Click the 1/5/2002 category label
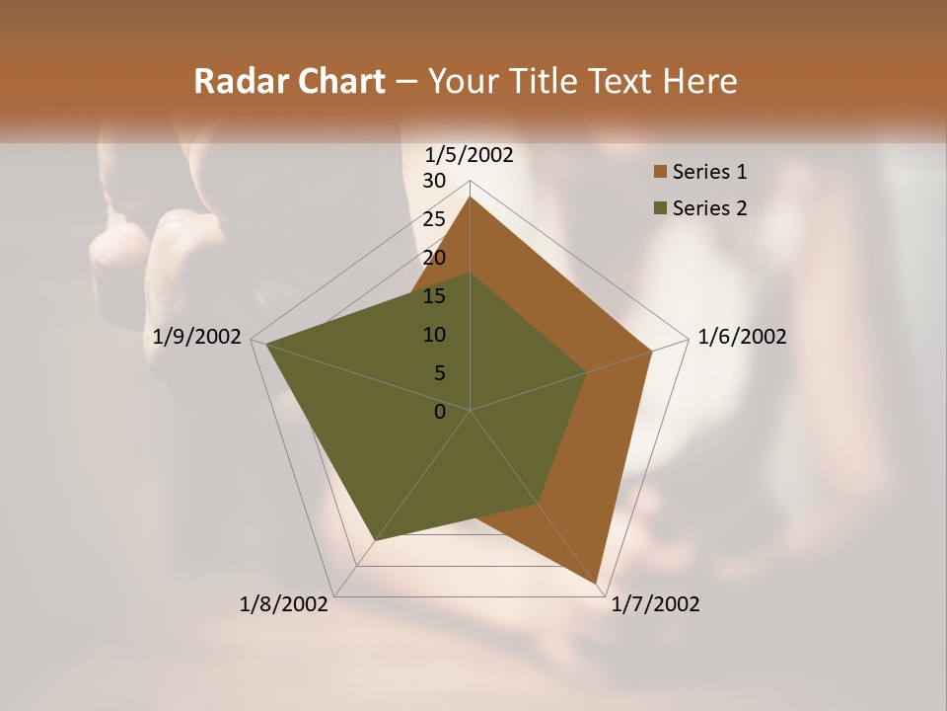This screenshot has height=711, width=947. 470,154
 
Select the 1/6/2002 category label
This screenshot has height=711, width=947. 742,337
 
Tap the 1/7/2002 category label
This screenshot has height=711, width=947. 655,604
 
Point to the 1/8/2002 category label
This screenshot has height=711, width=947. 284,604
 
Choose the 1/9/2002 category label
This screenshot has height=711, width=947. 197,337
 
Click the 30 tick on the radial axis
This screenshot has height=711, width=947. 434,181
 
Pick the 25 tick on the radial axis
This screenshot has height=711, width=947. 434,219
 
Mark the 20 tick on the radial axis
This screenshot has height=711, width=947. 434,258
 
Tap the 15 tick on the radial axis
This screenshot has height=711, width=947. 434,296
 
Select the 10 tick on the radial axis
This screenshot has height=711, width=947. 434,335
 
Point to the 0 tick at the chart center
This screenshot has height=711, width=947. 440,412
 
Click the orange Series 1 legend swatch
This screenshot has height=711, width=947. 660,173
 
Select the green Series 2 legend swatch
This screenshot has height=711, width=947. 660,208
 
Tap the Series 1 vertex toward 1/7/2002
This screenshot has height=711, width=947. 597,583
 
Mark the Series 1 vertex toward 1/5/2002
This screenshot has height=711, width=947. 470,197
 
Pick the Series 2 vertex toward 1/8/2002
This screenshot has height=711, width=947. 374,540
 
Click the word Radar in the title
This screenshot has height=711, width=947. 238,81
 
